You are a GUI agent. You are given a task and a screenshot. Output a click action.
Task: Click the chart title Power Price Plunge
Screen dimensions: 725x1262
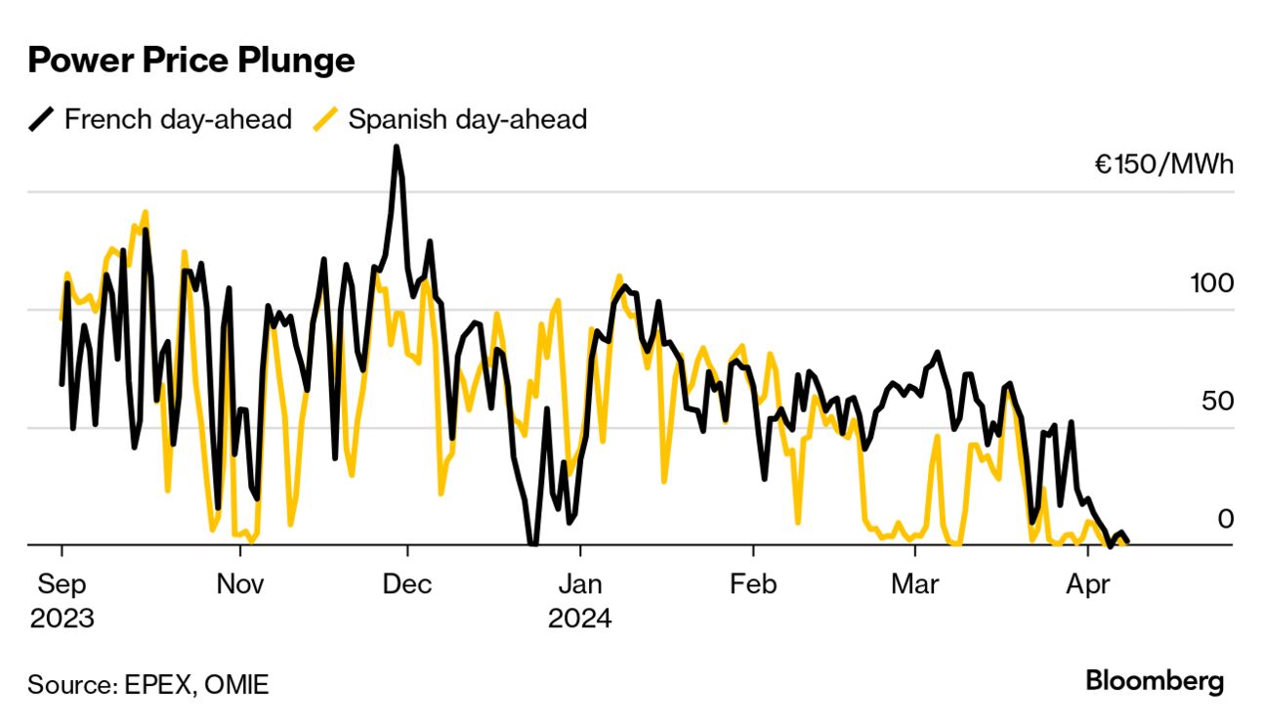[x=190, y=61]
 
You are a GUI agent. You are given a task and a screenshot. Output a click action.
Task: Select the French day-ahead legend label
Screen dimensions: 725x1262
[x=178, y=119]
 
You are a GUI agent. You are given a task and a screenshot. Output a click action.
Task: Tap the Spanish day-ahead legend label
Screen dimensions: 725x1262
[x=467, y=119]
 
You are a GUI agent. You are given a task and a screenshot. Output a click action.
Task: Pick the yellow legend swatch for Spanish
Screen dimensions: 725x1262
[x=326, y=119]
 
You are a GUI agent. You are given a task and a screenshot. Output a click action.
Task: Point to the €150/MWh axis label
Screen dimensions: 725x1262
[x=1163, y=164]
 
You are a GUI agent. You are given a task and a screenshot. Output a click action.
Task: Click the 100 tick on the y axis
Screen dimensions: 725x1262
[x=1211, y=283]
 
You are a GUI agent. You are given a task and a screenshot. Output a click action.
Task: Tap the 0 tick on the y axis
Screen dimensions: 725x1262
[x=1225, y=518]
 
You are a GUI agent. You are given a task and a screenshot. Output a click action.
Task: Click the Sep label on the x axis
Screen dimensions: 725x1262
[x=62, y=584]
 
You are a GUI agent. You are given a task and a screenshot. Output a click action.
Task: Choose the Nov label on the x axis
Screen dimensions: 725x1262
[x=239, y=584]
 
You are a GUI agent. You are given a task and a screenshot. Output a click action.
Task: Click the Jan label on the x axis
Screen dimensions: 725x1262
[x=580, y=584]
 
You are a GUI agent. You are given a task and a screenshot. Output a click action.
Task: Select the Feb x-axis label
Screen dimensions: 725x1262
[x=754, y=584]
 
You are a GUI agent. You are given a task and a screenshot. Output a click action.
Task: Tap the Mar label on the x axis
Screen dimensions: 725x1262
[x=915, y=584]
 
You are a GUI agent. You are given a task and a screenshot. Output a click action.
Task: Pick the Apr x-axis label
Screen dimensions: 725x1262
[x=1088, y=584]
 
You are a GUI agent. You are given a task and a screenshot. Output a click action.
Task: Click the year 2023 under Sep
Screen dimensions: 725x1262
[x=62, y=618]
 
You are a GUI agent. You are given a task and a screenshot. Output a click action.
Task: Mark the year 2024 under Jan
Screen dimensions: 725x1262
[x=580, y=618]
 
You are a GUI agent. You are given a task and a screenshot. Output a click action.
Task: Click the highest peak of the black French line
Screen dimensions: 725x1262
[x=396, y=148]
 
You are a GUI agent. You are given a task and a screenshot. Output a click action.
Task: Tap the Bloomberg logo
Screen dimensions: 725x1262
[x=1155, y=681]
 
